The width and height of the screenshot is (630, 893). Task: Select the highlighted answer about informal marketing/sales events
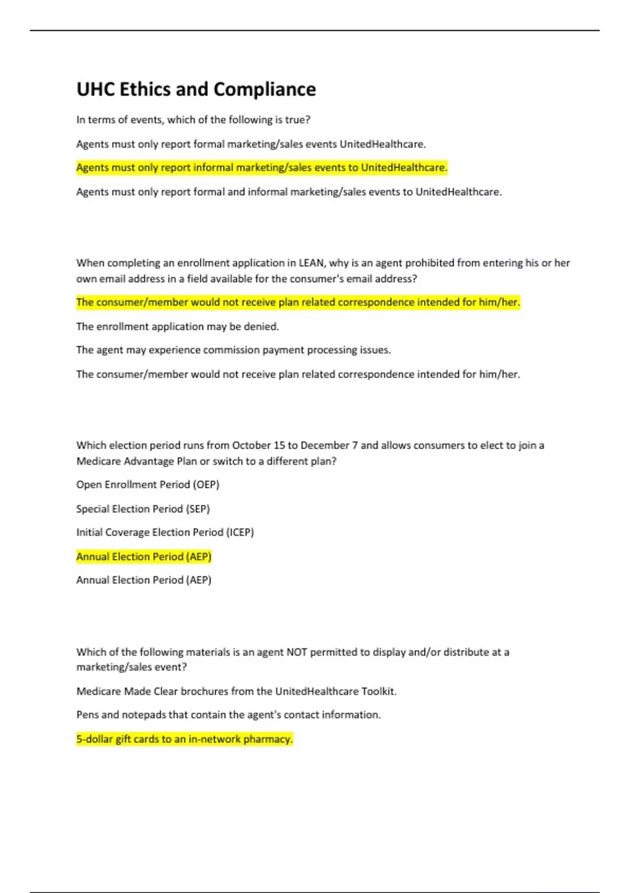pos(261,168)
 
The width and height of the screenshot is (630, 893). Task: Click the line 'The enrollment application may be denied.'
pos(177,327)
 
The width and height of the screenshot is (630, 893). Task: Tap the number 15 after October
pos(279,445)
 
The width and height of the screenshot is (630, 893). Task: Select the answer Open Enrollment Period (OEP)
pos(148,484)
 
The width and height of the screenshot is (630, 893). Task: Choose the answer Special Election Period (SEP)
pos(143,508)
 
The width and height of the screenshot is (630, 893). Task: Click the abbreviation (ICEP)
pos(240,532)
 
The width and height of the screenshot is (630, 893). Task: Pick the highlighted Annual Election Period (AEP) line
pos(144,556)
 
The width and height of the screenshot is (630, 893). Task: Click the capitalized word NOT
pos(297,652)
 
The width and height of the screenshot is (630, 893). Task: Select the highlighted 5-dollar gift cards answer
pos(184,739)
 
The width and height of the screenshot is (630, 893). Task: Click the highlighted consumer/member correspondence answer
pos(298,302)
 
